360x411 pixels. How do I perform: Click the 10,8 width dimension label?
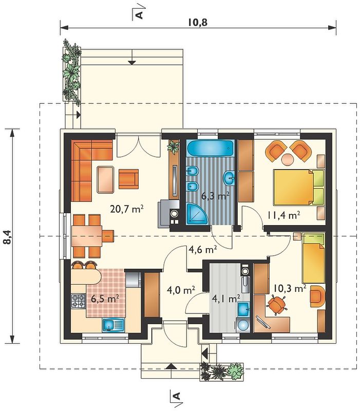point(198,23)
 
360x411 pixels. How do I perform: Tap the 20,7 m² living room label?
point(127,209)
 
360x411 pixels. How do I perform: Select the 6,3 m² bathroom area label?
point(215,196)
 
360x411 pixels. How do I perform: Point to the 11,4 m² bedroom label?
point(283,215)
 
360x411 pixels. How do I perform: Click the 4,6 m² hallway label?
point(202,250)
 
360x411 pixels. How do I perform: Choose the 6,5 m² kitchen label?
point(105,298)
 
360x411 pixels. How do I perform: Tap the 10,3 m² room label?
point(290,288)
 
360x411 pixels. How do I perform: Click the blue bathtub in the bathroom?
point(210,148)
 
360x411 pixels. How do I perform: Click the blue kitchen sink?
point(113,325)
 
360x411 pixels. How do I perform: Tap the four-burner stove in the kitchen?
point(79,301)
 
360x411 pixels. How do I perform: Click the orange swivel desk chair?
point(276,305)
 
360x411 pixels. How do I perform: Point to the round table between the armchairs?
point(288,159)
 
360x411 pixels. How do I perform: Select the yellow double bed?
point(299,187)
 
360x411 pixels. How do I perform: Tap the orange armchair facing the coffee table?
point(128,179)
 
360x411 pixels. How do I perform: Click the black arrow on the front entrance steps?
point(171,366)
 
